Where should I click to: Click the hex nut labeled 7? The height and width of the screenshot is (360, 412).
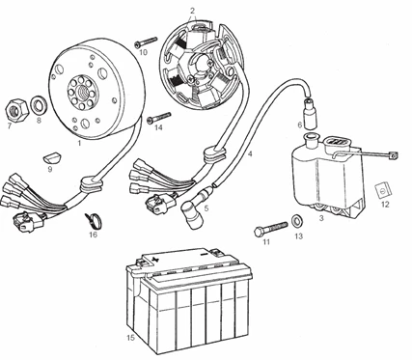point(16,110)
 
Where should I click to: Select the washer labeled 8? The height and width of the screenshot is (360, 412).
point(40,105)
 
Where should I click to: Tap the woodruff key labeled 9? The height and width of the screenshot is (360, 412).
point(52,158)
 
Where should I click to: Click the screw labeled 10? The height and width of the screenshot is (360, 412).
point(146,42)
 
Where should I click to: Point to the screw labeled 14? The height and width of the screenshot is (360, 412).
point(159,118)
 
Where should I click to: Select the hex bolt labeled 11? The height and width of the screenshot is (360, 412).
point(270,228)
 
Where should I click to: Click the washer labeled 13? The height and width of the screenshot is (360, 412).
point(298,221)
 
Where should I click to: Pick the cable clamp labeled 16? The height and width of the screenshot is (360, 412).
point(94,220)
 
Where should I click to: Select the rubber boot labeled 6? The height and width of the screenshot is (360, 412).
point(311,113)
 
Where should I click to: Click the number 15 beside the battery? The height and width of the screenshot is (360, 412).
point(130,338)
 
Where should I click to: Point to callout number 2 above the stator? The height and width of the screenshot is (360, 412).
point(192,11)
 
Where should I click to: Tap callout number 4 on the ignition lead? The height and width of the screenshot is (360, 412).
point(250,153)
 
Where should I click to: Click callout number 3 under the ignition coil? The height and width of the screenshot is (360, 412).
point(321,218)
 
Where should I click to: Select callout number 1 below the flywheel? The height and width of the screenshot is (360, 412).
point(79,143)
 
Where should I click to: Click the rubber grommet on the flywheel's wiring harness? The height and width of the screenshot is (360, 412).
point(91,183)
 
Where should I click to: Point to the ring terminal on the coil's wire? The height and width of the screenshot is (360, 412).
point(393,155)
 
